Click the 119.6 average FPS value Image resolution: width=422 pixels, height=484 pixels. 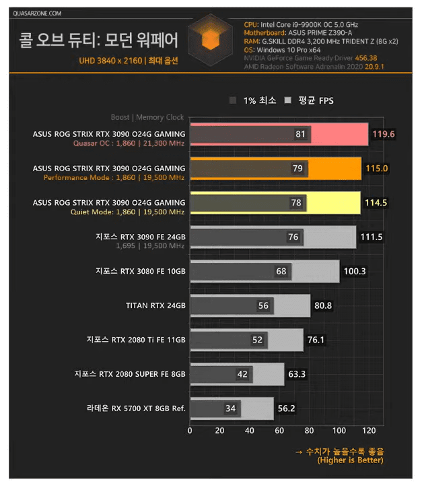(x=384, y=134)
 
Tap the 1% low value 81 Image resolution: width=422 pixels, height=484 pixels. (x=300, y=134)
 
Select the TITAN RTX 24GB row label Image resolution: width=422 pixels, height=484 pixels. (x=155, y=305)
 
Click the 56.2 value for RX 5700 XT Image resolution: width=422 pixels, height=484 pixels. (x=288, y=408)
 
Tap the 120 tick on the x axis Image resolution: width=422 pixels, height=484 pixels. (x=368, y=430)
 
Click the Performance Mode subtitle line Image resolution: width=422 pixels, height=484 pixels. (x=114, y=177)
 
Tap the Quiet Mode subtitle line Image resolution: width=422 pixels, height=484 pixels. (x=127, y=212)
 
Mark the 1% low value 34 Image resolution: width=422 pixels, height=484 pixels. (x=230, y=408)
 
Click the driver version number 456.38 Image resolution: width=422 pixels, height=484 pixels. (x=365, y=58)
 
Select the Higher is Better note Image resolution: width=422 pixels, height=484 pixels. (x=350, y=460)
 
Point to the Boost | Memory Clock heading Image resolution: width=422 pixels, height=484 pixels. (x=147, y=117)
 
